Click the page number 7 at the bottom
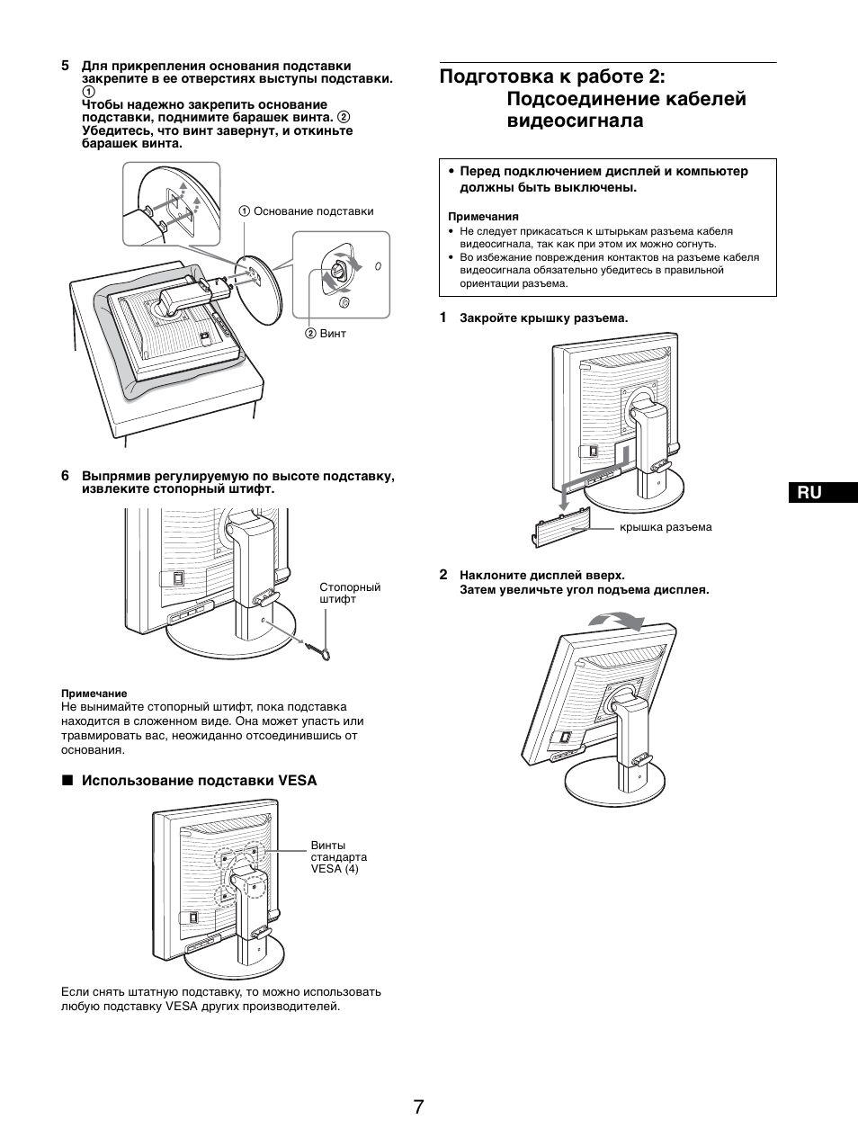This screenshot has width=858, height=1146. coord(419,1106)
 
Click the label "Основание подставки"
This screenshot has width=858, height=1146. coord(313,211)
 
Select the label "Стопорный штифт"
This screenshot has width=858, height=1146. coord(350,593)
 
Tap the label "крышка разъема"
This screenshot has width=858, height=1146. coord(666,527)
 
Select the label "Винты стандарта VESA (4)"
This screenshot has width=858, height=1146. coord(338,856)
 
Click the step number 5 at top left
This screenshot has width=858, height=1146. coord(65,66)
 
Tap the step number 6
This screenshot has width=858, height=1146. coord(65,475)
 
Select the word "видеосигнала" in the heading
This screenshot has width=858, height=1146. coord(576,121)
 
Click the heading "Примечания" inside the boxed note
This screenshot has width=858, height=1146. coord(483,216)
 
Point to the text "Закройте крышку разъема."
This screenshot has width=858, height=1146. coord(543,318)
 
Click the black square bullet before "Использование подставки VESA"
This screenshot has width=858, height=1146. coord(66,781)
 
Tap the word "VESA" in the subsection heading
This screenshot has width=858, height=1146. coord(298,781)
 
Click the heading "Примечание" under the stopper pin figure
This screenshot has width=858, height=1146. coord(94,693)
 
